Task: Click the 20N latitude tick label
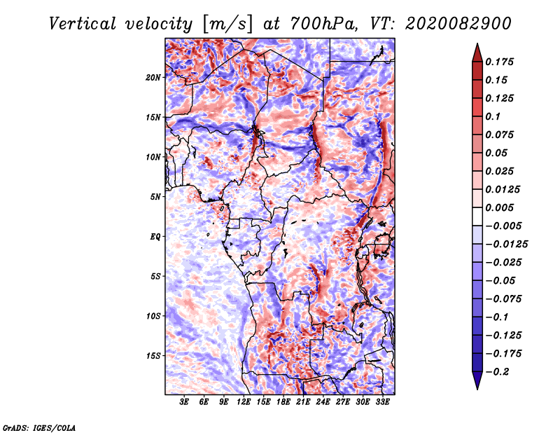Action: (x=153, y=78)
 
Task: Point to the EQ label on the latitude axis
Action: (x=155, y=237)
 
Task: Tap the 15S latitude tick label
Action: (x=153, y=356)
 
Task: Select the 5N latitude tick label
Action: (x=155, y=197)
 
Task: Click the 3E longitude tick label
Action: (x=184, y=402)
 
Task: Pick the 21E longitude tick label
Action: (x=303, y=402)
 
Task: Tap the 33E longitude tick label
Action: (x=382, y=402)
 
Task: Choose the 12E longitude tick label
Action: (x=244, y=402)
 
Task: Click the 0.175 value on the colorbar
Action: (x=499, y=62)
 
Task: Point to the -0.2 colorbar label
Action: (x=497, y=372)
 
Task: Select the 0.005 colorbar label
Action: (x=499, y=207)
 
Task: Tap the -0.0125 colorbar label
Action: (x=506, y=245)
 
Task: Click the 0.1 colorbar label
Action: (x=493, y=116)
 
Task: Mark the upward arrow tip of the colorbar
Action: (x=477, y=43)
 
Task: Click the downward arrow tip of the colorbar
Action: (x=477, y=389)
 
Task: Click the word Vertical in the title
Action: (x=83, y=24)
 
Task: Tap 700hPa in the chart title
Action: (x=323, y=24)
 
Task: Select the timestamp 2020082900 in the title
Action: (x=458, y=24)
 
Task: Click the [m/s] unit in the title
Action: (x=227, y=25)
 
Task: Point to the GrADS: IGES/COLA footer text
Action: (x=39, y=427)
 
